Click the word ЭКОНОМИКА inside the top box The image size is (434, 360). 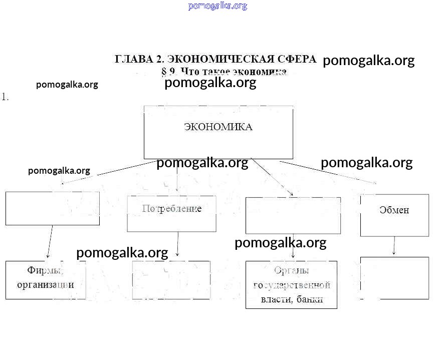(x=218, y=127)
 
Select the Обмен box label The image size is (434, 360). (x=394, y=210)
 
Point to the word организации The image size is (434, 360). (x=46, y=284)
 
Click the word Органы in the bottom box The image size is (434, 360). (x=291, y=270)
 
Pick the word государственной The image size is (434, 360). (x=292, y=285)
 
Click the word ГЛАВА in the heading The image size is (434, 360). (x=132, y=59)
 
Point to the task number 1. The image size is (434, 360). (x=5, y=97)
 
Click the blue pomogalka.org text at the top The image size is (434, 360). (x=218, y=6)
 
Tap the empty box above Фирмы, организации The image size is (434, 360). (x=52, y=208)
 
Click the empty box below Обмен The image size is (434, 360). (x=394, y=278)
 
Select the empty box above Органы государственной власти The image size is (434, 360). (x=293, y=215)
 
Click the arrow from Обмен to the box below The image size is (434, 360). (x=394, y=246)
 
